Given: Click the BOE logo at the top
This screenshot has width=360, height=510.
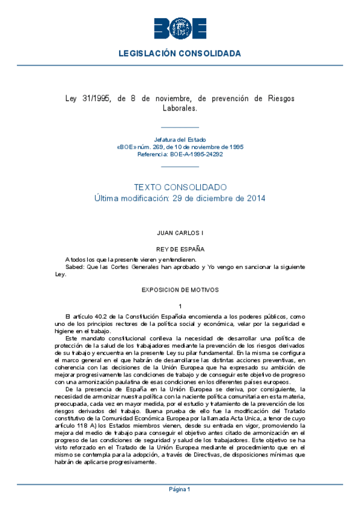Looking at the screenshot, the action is [180, 28].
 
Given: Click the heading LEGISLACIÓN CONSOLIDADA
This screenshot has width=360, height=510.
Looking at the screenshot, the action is [180, 54].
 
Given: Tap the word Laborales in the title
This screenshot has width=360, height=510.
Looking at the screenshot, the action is [180, 108].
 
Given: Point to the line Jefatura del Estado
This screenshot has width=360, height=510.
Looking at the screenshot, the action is [180, 139].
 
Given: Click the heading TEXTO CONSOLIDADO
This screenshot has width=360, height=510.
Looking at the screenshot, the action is [180, 187].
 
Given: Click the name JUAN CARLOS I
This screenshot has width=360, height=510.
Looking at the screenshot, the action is [180, 232].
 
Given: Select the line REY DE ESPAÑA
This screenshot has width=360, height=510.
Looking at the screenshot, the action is [180, 248].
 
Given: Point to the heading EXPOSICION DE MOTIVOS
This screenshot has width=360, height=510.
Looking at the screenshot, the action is [180, 289].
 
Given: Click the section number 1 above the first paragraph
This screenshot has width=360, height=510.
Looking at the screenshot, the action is [180, 307].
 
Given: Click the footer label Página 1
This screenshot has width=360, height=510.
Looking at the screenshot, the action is [180, 489].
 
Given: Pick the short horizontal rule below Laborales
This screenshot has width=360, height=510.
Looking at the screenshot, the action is [180, 127].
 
